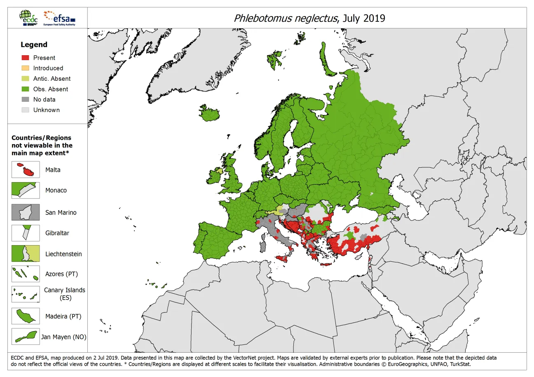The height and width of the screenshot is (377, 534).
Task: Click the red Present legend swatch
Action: pyautogui.click(x=26, y=58)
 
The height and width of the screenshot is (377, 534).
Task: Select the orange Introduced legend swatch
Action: pyautogui.click(x=26, y=68)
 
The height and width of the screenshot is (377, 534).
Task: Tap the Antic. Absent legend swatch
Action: pyautogui.click(x=26, y=79)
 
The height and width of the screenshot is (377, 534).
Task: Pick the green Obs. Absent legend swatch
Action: pyautogui.click(x=26, y=89)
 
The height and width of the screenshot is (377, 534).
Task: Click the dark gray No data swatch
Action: pyautogui.click(x=26, y=99)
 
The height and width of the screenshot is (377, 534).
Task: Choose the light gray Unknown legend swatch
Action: pyautogui.click(x=26, y=110)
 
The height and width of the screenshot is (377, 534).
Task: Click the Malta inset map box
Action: pyautogui.click(x=26, y=170)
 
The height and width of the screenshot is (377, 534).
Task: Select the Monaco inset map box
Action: pyautogui.click(x=26, y=190)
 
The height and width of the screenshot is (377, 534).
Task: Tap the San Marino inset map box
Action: pyautogui.click(x=26, y=212)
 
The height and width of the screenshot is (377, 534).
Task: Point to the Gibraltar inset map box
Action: pyautogui.click(x=26, y=233)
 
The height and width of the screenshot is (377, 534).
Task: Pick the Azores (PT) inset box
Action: pyautogui.click(x=26, y=274)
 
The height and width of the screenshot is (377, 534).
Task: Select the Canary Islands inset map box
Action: pyautogui.click(x=26, y=294)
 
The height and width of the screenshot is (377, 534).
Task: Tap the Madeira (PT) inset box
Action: pyautogui.click(x=26, y=316)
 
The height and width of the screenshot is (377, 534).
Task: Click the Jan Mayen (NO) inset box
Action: pyautogui.click(x=26, y=336)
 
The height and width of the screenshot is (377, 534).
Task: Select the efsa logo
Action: pyautogui.click(x=59, y=18)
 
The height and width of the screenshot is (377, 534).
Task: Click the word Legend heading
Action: pyautogui.click(x=34, y=44)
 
